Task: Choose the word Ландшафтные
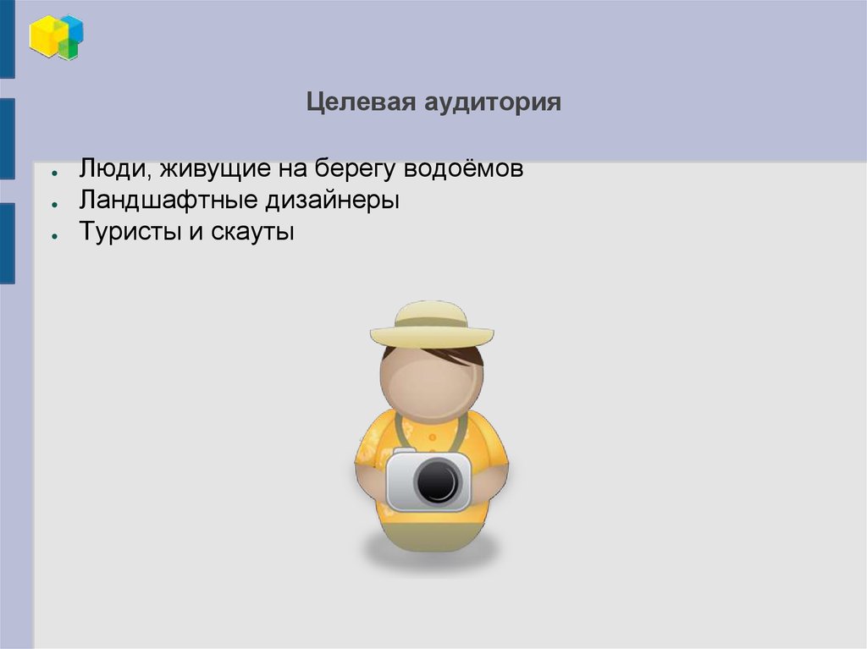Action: (x=160, y=201)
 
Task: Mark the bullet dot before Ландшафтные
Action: (x=53, y=205)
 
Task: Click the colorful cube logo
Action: (x=56, y=37)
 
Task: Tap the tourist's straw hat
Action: (x=431, y=322)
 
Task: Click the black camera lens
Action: (x=437, y=481)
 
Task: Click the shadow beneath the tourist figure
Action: (x=431, y=553)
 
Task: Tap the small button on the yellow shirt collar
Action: (x=431, y=437)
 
